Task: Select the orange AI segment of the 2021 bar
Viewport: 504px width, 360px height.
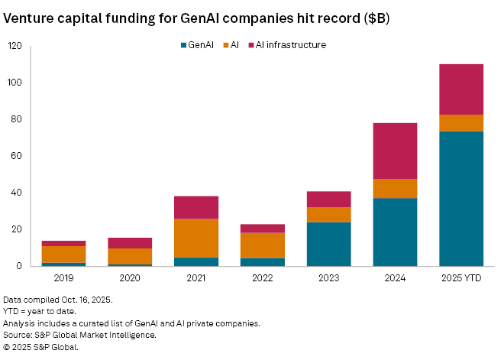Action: click(195, 238)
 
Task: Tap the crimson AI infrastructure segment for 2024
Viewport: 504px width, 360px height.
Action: click(395, 151)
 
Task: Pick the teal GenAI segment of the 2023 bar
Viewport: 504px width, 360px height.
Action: click(328, 244)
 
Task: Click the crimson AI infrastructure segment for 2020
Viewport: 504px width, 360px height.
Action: click(130, 243)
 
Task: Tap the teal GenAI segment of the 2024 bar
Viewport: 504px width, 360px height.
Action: click(395, 232)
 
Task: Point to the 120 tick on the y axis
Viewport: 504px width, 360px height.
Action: click(14, 46)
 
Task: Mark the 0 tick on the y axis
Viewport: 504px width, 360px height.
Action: click(18, 266)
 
